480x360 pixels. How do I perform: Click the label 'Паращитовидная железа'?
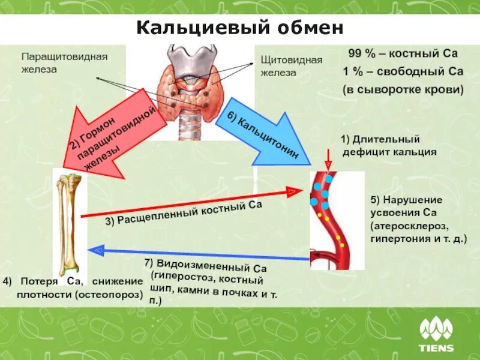point(64,62)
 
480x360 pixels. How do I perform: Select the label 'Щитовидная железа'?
point(291,66)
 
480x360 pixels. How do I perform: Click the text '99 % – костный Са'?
point(403,53)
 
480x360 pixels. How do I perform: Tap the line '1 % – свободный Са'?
point(403,71)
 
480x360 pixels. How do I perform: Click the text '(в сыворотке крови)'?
point(403,89)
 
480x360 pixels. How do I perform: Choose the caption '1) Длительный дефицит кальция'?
point(388,146)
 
